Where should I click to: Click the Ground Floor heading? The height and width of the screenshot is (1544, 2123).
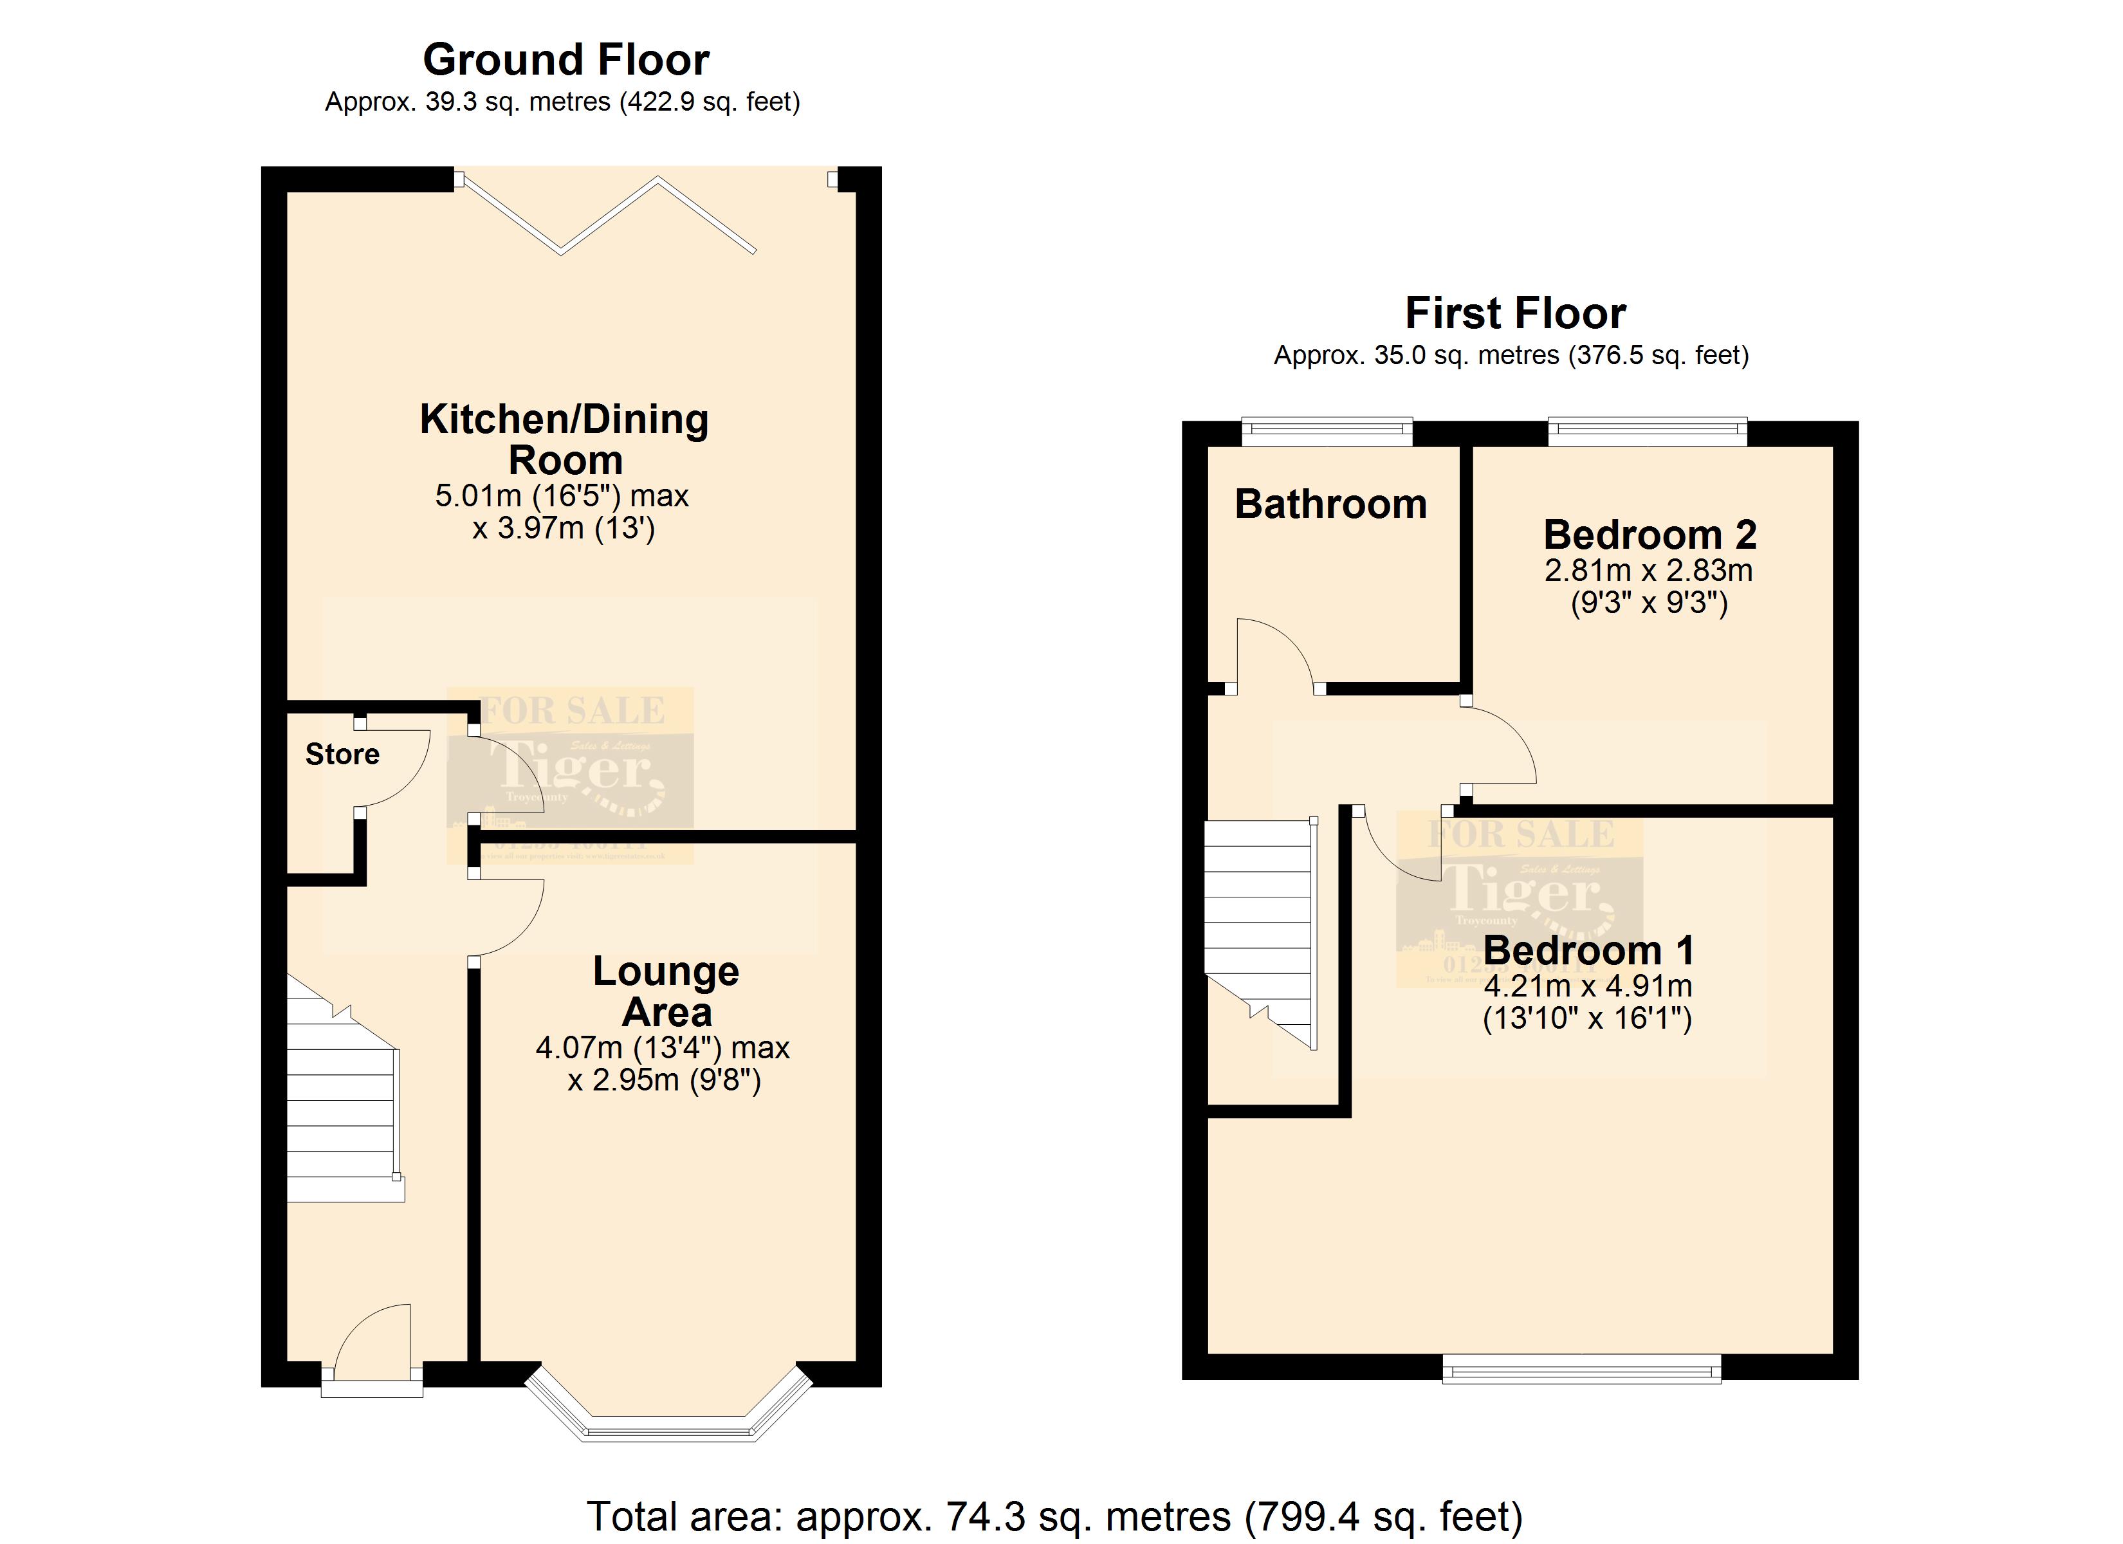[565, 60]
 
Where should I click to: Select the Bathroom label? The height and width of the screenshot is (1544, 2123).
[1330, 504]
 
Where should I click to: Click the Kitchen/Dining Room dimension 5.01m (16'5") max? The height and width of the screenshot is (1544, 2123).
[562, 495]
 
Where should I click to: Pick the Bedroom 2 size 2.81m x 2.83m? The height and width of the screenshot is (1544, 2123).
[1648, 569]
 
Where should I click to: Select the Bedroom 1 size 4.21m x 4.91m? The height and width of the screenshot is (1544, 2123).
[1588, 986]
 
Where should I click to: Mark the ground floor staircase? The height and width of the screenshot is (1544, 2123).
[341, 1105]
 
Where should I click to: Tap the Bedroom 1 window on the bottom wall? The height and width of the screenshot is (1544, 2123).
[1581, 1369]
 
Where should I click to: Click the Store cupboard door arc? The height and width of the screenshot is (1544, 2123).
[398, 773]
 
